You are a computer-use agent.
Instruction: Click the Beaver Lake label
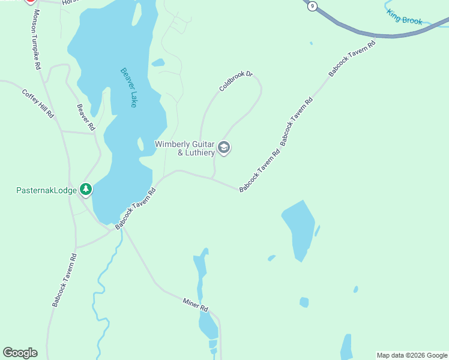pos(128,87)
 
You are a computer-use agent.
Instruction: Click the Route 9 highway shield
pos(311,7)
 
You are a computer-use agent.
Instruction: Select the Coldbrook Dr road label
pos(236,82)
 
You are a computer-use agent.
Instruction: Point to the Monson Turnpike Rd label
pos(37,39)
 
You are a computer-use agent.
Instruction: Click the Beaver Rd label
pos(86,117)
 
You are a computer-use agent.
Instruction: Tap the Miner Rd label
pos(195,305)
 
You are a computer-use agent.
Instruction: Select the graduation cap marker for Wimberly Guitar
pos(224,148)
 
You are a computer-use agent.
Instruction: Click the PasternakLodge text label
pos(46,191)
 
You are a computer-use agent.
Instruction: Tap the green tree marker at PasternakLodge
pos(86,190)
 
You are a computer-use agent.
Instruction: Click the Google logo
pos(20,353)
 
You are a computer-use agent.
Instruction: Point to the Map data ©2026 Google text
pos(412,355)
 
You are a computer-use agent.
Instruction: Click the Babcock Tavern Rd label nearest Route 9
pos(352,59)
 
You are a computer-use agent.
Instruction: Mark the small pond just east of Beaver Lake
pos(158,62)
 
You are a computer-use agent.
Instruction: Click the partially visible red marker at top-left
pos(30,2)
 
